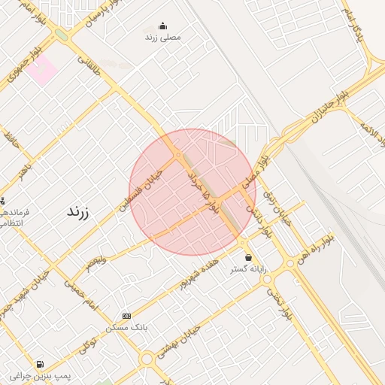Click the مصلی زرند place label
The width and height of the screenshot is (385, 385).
coord(162,36)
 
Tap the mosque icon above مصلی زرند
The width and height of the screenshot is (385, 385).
coord(162,26)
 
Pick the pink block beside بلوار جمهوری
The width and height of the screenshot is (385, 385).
coord(43,69)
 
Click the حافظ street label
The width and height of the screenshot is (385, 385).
coord(11,140)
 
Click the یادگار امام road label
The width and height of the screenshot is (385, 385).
coord(353,23)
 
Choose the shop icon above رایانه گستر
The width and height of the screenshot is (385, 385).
coord(248,257)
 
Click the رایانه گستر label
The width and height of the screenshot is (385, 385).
coord(248,268)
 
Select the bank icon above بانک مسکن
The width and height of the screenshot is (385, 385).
coord(126,317)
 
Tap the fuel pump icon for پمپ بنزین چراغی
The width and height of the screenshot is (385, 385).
coord(39,364)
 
